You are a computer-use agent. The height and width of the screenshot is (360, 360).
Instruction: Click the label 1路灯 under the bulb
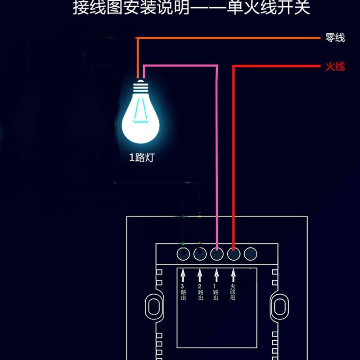pos(142,158)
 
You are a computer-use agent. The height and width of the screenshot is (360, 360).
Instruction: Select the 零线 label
pos(335,38)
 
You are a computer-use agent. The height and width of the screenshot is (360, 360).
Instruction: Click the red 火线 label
pos(335,67)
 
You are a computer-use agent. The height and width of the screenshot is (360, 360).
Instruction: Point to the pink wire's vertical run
pos(217,157)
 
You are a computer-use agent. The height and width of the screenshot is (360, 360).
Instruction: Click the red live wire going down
pos(234,157)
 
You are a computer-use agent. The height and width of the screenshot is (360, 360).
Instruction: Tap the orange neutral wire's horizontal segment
pos(225,38)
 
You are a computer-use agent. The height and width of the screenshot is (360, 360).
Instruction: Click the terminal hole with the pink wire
pos(217,254)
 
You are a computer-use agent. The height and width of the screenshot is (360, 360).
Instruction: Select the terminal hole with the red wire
pos(234,254)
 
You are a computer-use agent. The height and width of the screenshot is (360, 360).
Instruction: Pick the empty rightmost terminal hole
pos(250,254)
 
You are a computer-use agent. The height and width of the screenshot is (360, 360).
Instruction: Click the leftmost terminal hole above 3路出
pos(183,254)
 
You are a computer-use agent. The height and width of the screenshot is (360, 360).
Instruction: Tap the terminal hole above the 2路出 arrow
pos(200,254)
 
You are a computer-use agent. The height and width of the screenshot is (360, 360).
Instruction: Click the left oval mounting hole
pos(154,306)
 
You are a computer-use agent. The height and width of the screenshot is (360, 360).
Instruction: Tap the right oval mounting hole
pos(279,306)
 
